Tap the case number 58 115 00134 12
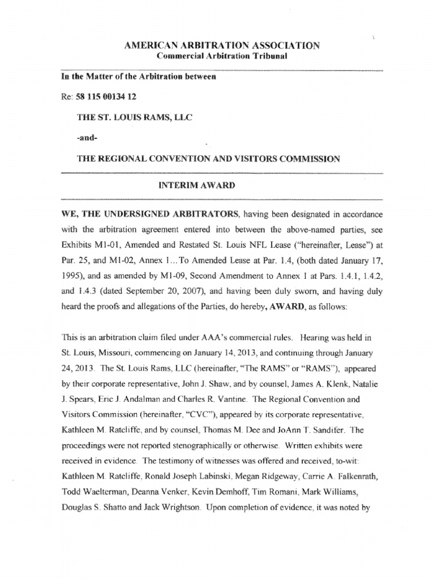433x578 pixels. [x=105, y=97]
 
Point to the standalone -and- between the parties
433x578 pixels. [x=87, y=138]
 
